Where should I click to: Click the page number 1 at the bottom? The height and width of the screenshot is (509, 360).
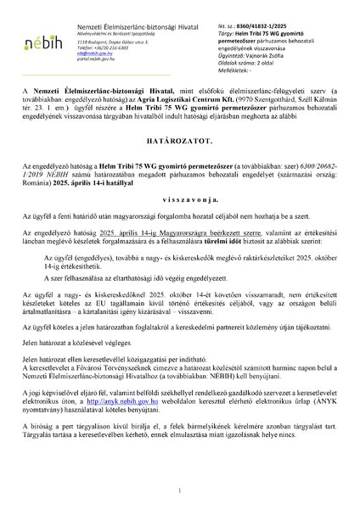pyautogui.click(x=180, y=490)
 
